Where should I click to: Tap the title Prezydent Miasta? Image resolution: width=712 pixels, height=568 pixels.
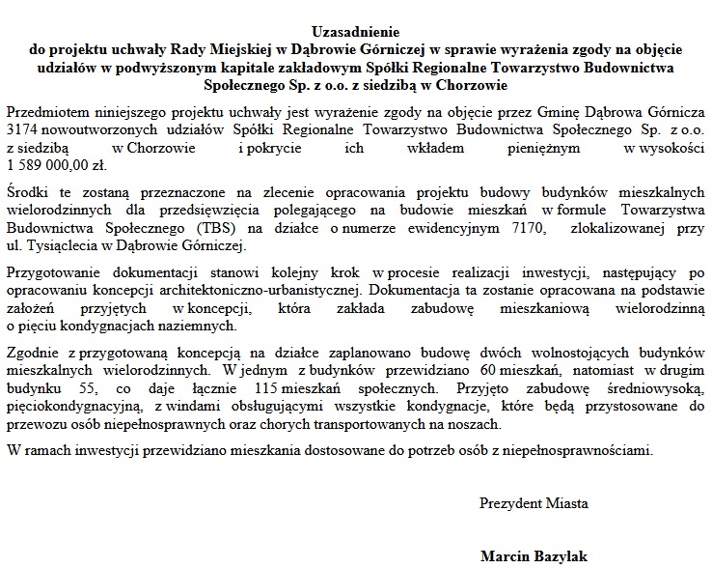534,503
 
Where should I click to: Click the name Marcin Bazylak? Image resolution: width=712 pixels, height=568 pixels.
533,556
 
